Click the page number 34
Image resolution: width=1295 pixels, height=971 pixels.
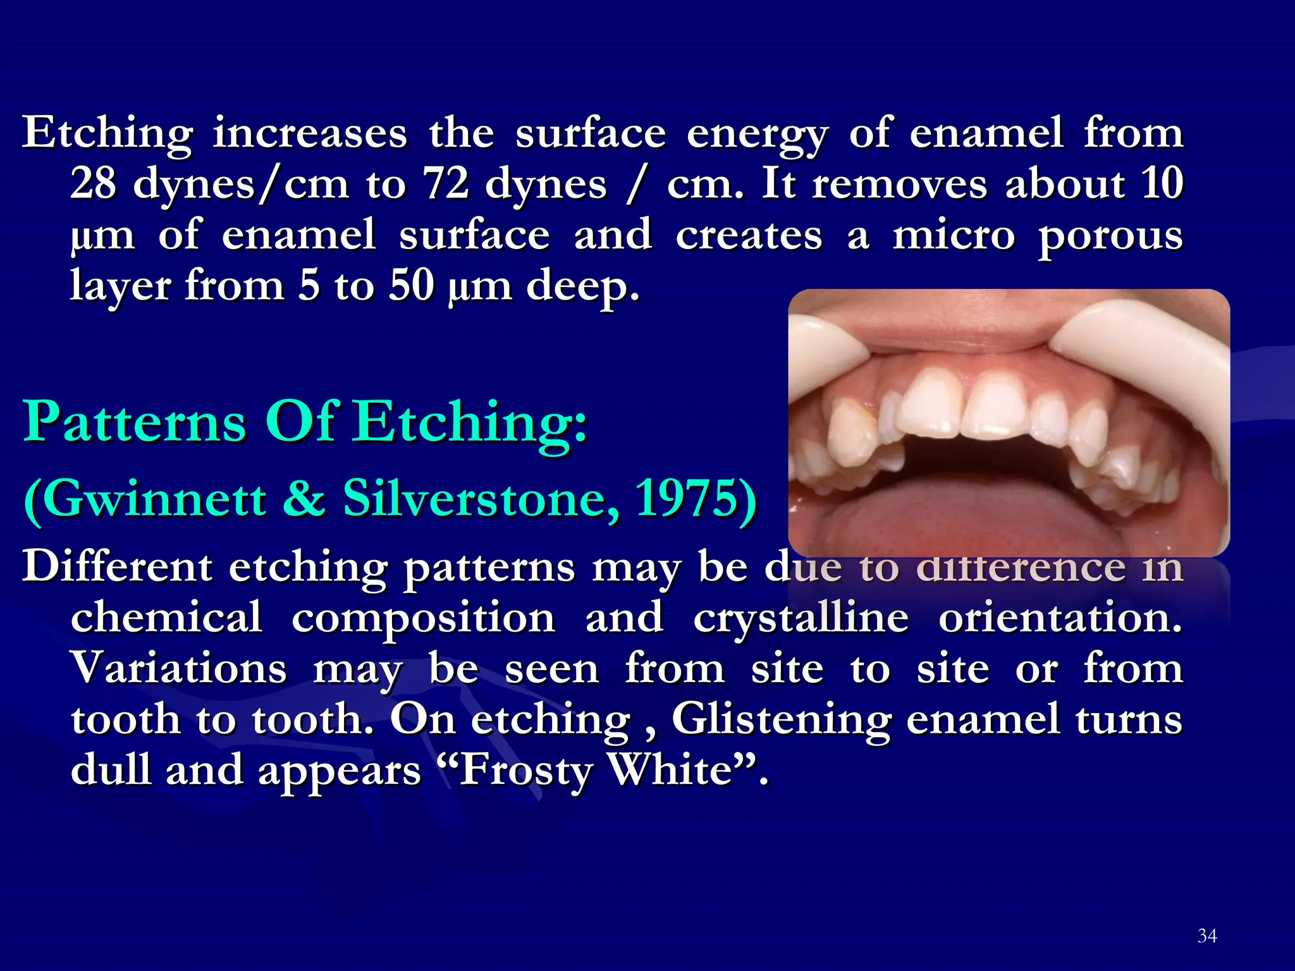coord(1206,936)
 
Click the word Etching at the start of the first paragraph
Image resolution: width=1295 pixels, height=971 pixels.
coord(107,134)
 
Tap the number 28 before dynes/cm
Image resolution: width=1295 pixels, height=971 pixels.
coord(93,184)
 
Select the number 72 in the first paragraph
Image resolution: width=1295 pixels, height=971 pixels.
coord(446,184)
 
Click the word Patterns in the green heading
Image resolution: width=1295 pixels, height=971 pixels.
coord(134,422)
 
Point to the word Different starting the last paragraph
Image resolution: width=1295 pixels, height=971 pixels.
coord(117,566)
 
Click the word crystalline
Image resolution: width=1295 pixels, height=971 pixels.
coord(801,618)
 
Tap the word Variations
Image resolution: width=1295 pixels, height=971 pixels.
coord(179,668)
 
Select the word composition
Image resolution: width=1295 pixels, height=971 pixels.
coord(423,618)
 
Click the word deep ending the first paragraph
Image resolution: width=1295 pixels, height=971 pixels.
coord(582,286)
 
